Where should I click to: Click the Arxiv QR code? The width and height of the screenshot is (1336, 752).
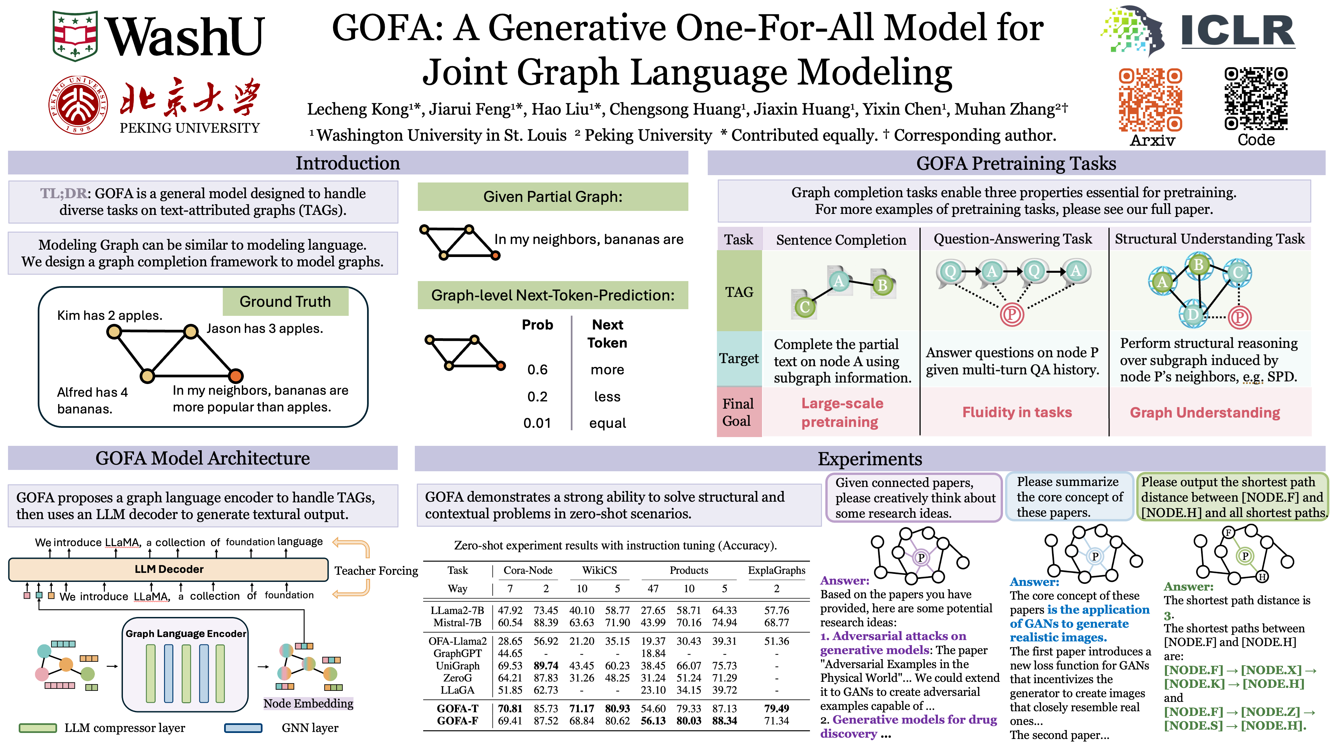click(1150, 100)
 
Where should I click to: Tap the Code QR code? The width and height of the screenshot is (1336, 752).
click(1256, 99)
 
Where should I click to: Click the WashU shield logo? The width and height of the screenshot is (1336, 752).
click(75, 35)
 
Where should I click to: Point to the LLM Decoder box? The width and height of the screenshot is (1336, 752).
click(169, 569)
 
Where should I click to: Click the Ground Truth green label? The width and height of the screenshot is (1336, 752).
click(285, 301)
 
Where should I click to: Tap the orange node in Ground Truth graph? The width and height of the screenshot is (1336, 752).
click(236, 376)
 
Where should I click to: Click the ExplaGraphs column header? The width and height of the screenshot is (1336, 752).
click(777, 571)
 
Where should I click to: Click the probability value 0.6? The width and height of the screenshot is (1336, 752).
click(537, 370)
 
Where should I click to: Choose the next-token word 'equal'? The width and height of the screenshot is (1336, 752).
click(607, 423)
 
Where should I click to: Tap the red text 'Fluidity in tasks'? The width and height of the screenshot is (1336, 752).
click(1016, 412)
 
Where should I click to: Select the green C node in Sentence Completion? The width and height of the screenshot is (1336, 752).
click(804, 307)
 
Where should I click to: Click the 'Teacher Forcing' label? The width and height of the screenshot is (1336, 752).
click(376, 571)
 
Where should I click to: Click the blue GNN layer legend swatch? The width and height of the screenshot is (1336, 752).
click(243, 728)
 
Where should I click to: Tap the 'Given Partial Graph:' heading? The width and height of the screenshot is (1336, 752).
click(552, 197)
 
